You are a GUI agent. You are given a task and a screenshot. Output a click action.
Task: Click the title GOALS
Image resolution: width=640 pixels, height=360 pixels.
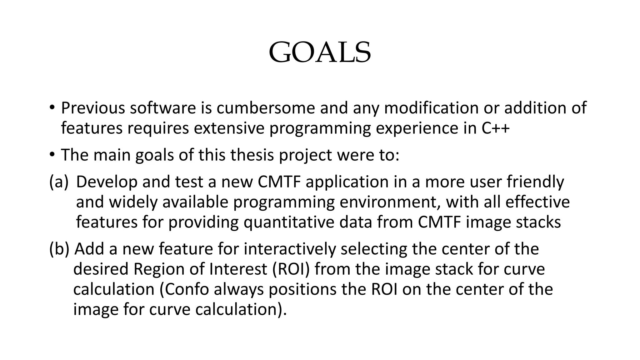(320, 52)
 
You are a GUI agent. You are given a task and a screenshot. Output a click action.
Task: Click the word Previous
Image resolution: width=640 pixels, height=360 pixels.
(93, 108)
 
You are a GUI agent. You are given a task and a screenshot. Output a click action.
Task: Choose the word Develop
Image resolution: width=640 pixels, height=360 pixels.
(107, 182)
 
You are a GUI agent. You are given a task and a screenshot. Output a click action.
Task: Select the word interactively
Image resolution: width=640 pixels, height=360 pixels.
(290, 249)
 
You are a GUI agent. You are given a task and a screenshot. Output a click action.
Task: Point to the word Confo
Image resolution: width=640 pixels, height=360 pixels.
(184, 289)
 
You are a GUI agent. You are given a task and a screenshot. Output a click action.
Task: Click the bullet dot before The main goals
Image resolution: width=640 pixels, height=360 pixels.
(52, 155)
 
